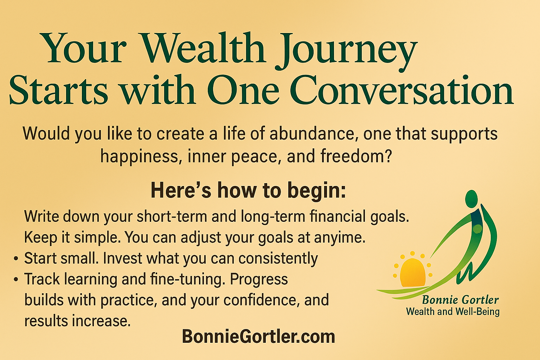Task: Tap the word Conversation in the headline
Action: pos(401,90)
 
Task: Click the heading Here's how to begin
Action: pos(248,191)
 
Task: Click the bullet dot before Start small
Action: pos(16,258)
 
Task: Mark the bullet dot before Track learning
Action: pos(16,279)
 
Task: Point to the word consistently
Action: pos(278,259)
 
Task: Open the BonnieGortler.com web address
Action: pos(258,336)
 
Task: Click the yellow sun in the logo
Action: pos(412,273)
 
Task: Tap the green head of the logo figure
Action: pos(471,199)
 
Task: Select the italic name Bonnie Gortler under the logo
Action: pos(461,300)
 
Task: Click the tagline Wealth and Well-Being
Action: pos(453,311)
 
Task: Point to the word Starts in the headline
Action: pos(58,90)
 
